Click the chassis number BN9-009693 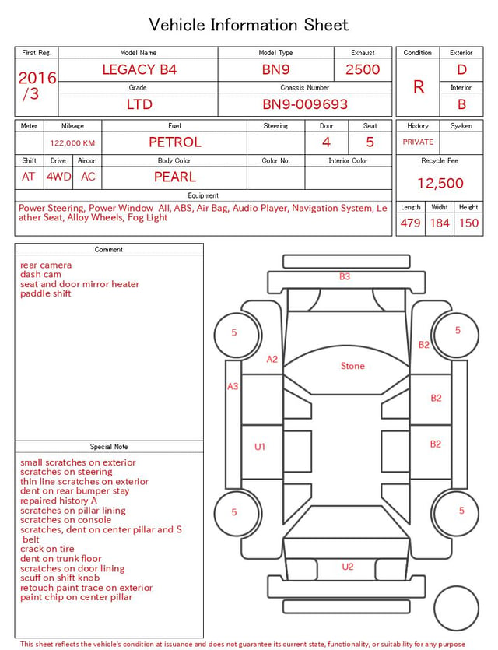(305, 104)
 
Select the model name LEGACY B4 (139, 69)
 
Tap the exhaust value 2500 (363, 69)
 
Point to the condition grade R (419, 87)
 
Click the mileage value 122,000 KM (72, 143)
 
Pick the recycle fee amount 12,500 (440, 183)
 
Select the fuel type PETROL (175, 142)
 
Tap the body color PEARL (175, 177)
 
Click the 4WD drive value (58, 177)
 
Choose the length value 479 (411, 223)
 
